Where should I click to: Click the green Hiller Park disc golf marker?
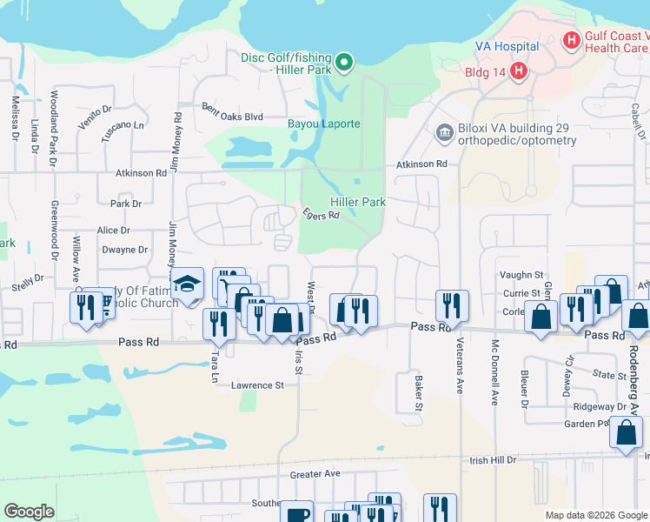point(344,62)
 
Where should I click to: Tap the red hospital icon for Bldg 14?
point(518,70)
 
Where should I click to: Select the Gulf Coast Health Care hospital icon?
point(571,39)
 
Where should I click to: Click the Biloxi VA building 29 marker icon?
point(444,132)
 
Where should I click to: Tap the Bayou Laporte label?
point(323,124)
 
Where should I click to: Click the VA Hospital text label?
point(507,46)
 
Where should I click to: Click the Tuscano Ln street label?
point(123,125)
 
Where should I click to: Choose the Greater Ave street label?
point(315,475)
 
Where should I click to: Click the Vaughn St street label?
point(521,275)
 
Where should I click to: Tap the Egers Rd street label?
point(320,214)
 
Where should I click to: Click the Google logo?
point(29,512)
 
